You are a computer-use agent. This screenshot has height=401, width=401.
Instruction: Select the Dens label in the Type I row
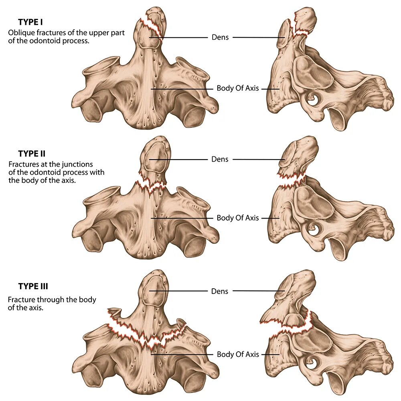coord(220,37)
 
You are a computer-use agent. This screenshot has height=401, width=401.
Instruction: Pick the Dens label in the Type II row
coord(220,159)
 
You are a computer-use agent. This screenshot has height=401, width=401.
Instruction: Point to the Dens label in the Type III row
coord(220,291)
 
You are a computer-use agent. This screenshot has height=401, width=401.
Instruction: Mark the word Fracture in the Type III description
coord(21,300)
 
